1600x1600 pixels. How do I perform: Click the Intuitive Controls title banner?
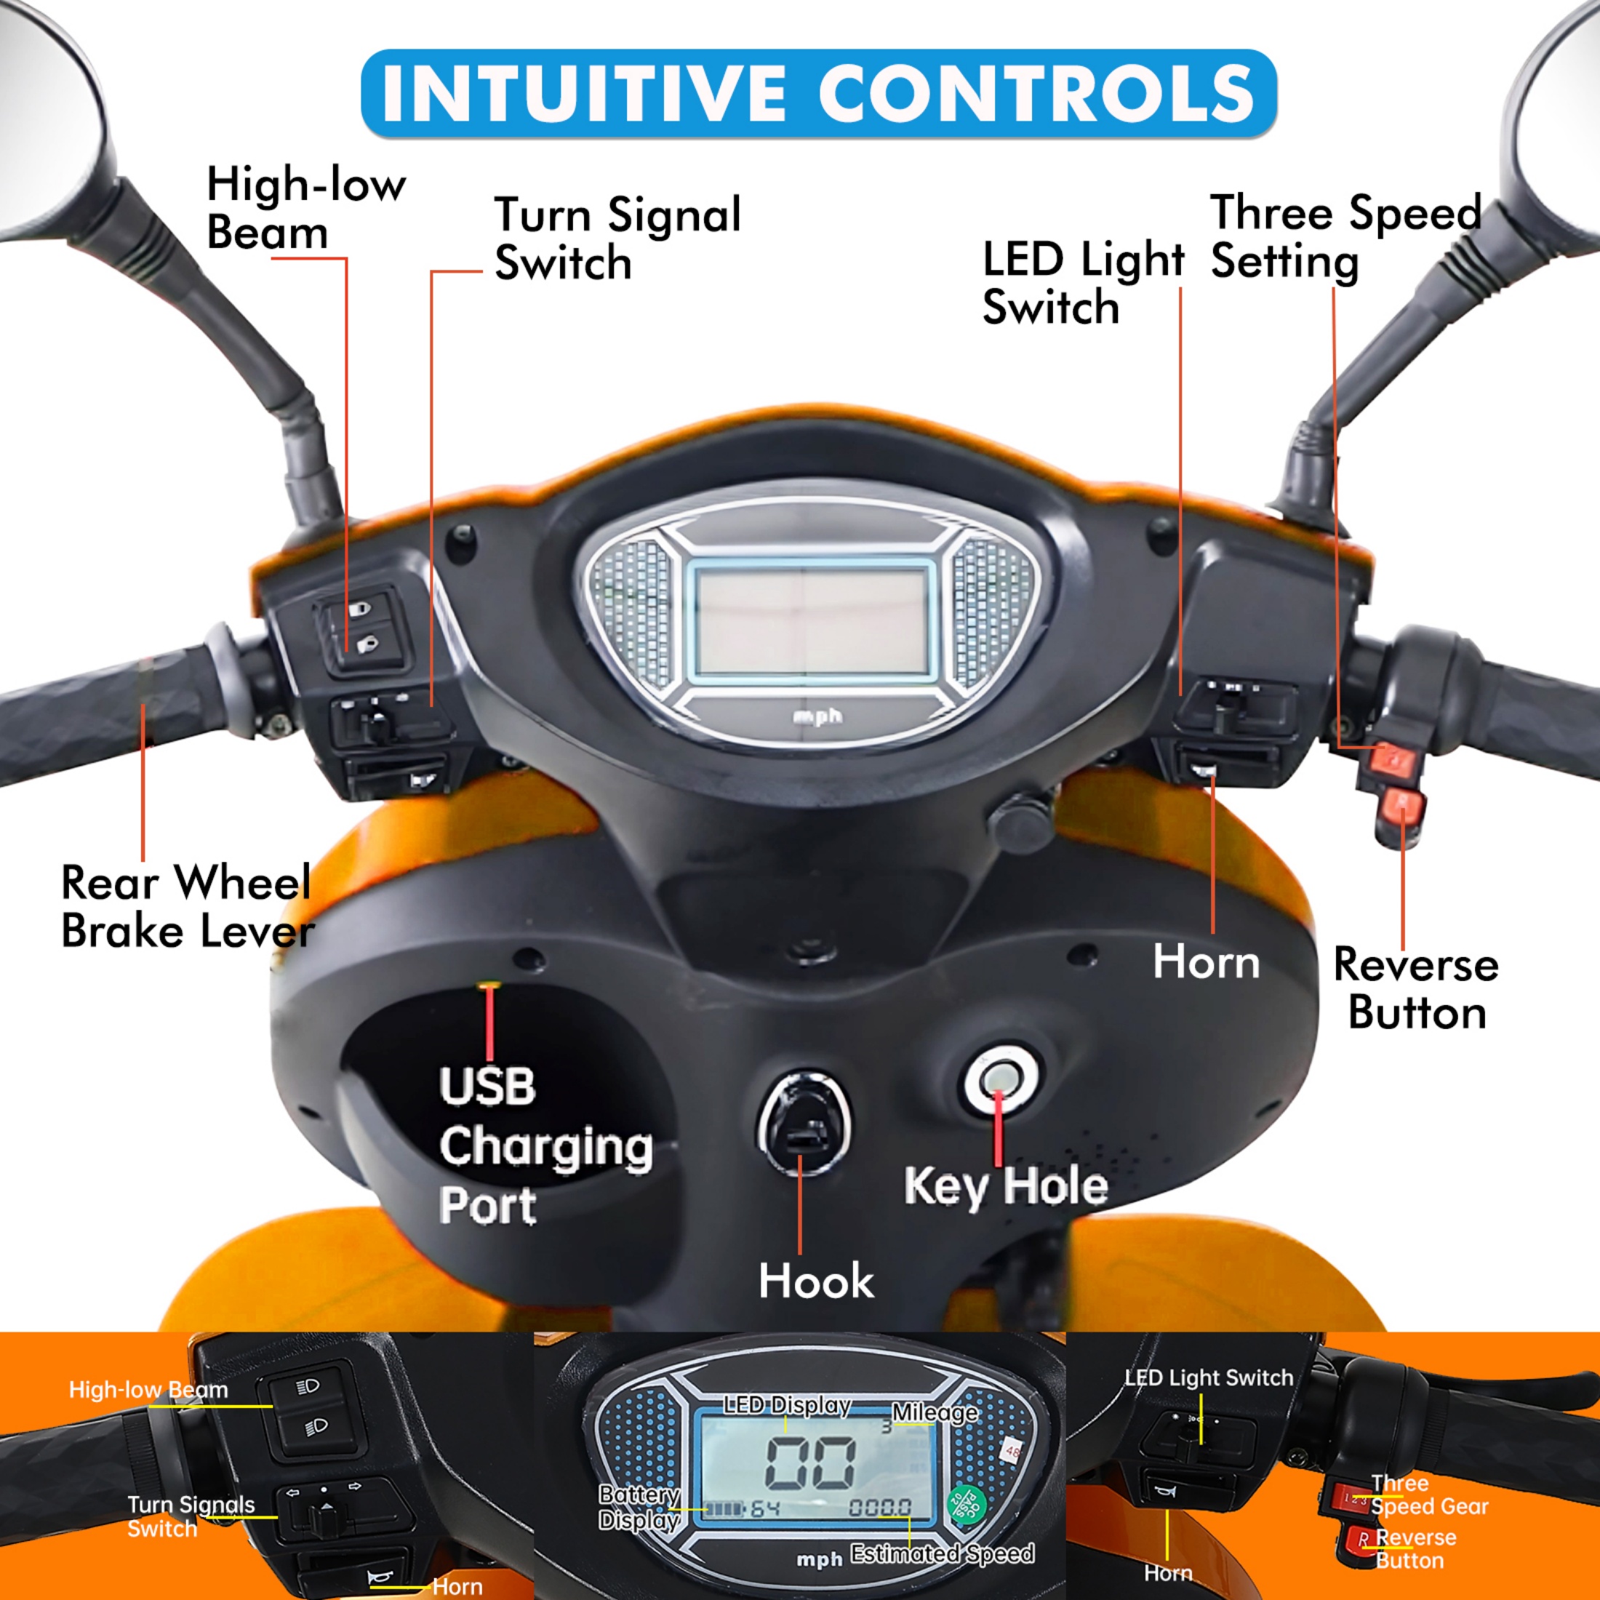tap(818, 93)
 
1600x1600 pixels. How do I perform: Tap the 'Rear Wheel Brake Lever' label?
tap(187, 907)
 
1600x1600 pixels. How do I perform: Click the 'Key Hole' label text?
tap(1005, 1187)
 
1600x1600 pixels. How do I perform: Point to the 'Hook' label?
tap(816, 1281)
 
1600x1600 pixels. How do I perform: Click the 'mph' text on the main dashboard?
tap(817, 716)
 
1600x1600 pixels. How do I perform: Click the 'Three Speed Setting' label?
tap(1345, 238)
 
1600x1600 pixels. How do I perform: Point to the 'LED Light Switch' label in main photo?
tap(1082, 283)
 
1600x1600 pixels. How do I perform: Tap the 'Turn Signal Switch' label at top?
tap(616, 239)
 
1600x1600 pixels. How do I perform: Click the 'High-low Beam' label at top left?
tap(305, 208)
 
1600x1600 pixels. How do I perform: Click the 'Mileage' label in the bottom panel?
tap(934, 1413)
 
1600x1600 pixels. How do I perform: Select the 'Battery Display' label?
tap(639, 1507)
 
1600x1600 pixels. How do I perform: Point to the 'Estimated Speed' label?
tap(942, 1553)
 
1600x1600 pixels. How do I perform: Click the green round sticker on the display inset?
tap(967, 1507)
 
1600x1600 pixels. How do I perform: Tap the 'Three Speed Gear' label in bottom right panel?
tap(1428, 1496)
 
